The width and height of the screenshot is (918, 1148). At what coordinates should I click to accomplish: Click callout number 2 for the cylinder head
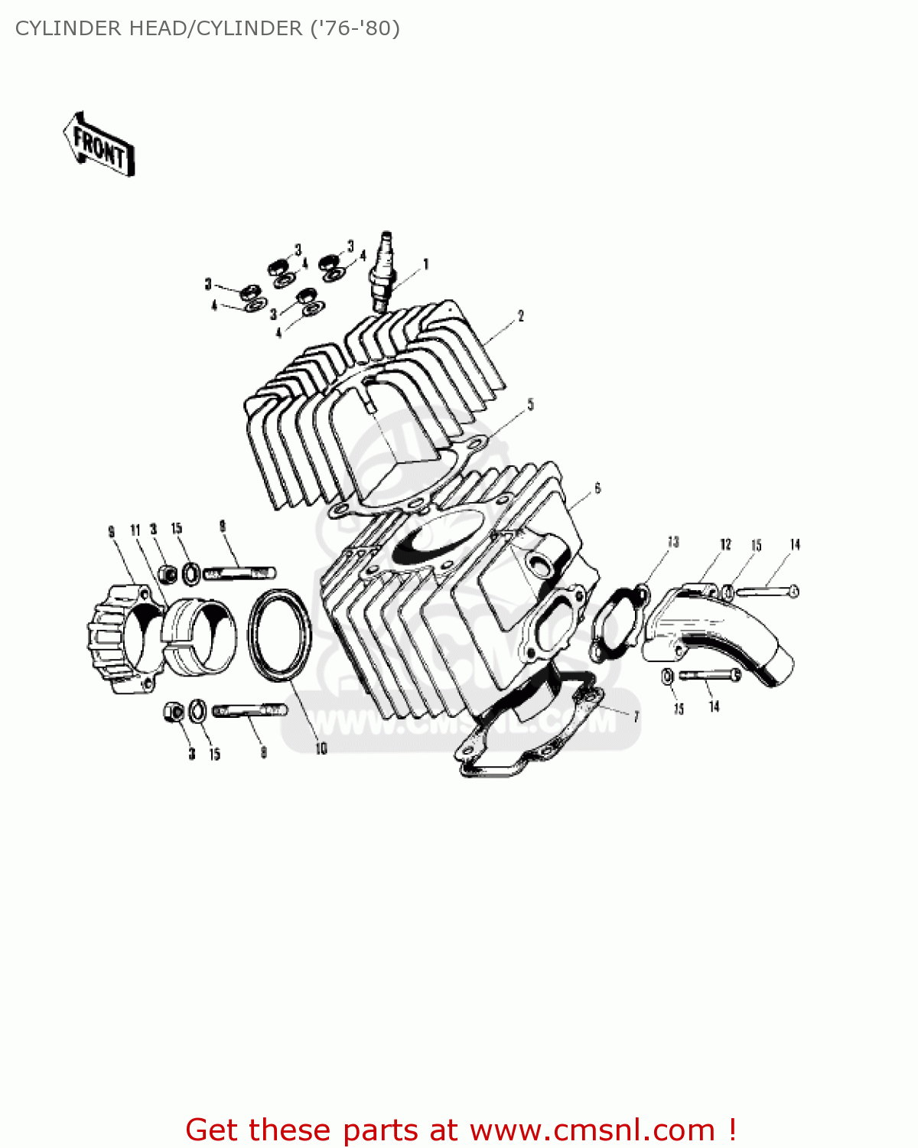click(x=521, y=315)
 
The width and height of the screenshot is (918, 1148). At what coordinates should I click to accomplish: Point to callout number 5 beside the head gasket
click(x=530, y=404)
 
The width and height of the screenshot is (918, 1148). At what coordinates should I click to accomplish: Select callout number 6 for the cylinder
click(x=597, y=488)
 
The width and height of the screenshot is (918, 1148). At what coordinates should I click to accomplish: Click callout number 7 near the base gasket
click(x=636, y=716)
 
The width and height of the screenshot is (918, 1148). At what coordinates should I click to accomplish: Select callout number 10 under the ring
click(x=321, y=748)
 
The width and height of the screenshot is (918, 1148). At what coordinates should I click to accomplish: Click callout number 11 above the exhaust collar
click(x=135, y=530)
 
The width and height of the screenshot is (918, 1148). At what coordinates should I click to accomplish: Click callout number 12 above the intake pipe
click(x=725, y=544)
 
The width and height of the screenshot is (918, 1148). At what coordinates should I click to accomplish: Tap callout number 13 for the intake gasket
click(x=673, y=542)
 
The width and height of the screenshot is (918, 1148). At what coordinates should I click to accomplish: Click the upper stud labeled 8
click(x=240, y=572)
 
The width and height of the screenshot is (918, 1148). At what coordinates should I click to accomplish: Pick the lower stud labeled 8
click(x=249, y=710)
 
